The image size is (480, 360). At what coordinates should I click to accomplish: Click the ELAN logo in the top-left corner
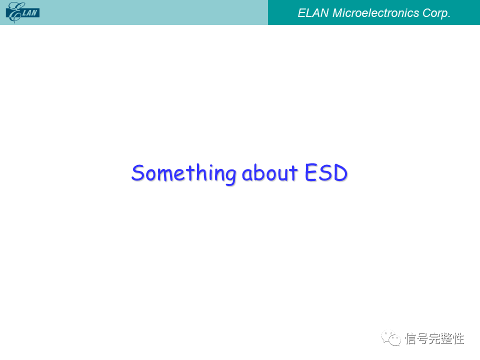(x=22, y=12)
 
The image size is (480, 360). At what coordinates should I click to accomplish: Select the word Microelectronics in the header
(x=375, y=13)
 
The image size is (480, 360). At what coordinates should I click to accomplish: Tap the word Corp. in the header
(x=436, y=13)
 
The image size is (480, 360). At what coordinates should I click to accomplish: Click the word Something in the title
(x=183, y=173)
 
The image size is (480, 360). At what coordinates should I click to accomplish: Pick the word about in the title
(x=269, y=173)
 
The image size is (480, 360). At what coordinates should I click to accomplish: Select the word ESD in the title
(x=326, y=172)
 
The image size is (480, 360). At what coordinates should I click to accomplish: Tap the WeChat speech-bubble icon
(x=391, y=338)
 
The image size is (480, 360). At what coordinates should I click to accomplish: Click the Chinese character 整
(x=446, y=338)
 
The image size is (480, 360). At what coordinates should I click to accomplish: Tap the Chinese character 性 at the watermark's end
(x=458, y=338)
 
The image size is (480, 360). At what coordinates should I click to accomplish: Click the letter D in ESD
(x=340, y=172)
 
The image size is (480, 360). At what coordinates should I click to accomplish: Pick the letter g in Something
(x=229, y=176)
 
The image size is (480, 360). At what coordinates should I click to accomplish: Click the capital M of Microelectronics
(x=337, y=13)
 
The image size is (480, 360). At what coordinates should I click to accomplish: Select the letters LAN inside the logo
(x=29, y=13)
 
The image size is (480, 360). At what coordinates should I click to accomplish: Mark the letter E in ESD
(x=311, y=172)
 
